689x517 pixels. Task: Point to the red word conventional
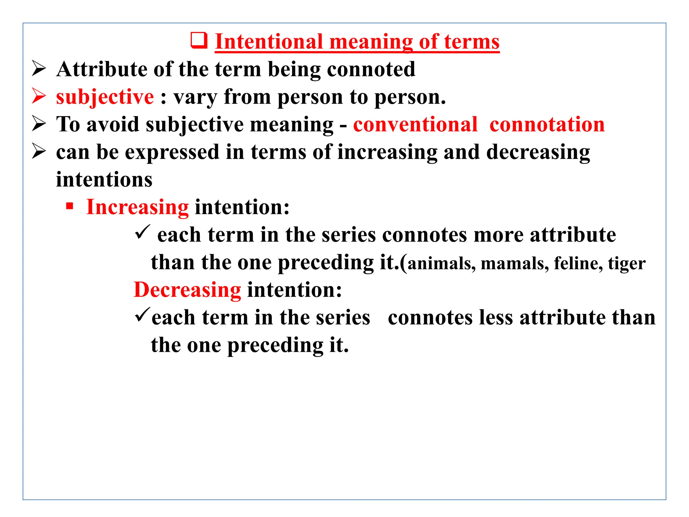tap(415, 125)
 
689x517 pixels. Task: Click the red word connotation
tap(547, 125)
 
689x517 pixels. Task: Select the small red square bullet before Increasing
tap(70, 206)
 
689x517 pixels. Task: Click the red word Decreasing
tap(187, 290)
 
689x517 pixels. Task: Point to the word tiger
tap(626, 264)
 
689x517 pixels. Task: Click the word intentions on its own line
tap(104, 180)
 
